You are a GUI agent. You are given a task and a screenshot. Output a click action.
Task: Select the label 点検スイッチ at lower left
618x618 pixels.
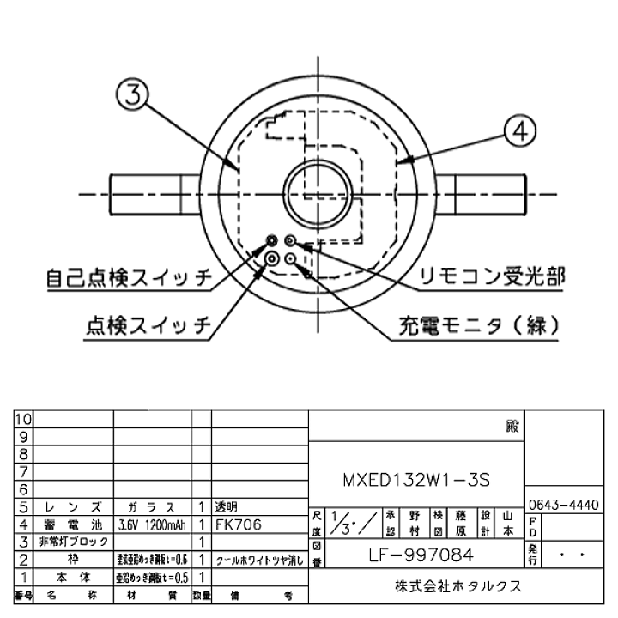[148, 325]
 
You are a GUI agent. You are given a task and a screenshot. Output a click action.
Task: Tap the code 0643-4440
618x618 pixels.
[563, 505]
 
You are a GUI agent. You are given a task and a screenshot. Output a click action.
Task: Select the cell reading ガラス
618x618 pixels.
[152, 506]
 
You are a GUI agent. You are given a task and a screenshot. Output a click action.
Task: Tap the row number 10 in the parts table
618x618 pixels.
[23, 419]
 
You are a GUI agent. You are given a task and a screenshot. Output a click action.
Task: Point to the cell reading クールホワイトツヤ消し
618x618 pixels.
[258, 560]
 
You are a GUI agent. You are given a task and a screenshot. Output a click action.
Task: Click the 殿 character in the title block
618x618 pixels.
[512, 426]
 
